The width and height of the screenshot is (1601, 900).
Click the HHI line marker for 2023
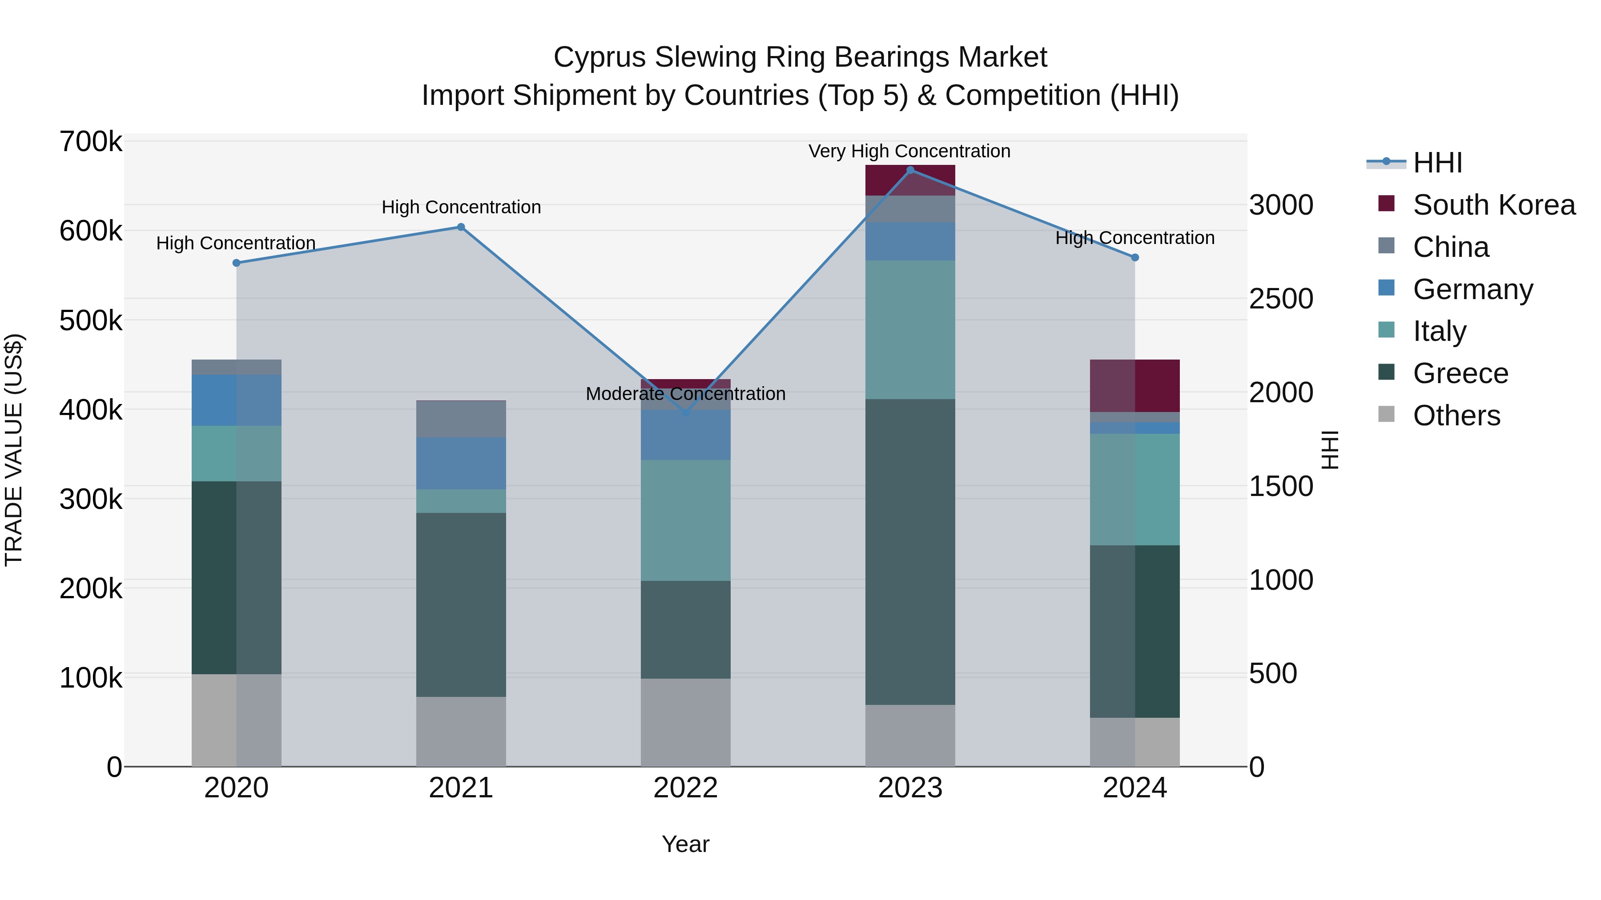(910, 170)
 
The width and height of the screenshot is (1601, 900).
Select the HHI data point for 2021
(461, 227)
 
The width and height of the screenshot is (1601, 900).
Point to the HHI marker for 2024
(1134, 257)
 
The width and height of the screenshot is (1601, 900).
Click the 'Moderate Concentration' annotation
(685, 394)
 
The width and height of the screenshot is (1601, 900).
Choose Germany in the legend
(1472, 289)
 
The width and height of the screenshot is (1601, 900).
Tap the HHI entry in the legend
(1437, 163)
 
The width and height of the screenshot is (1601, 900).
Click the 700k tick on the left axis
(91, 142)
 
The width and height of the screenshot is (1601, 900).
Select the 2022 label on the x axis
(685, 788)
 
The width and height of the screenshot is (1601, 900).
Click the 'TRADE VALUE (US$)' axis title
(14, 450)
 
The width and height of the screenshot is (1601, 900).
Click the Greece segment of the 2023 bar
(910, 552)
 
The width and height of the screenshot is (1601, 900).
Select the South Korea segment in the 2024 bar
(1134, 386)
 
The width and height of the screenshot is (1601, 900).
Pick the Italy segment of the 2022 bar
(685, 520)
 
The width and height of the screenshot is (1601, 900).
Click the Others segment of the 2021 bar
(461, 732)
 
